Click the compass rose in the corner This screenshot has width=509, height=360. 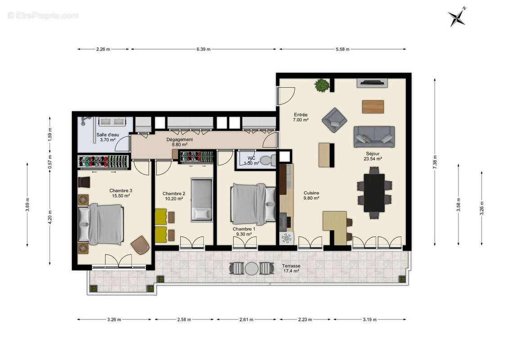click(456, 17)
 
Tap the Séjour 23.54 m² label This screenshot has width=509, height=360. click(373, 156)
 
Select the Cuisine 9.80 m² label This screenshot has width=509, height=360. click(311, 195)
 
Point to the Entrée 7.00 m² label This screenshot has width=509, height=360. click(301, 117)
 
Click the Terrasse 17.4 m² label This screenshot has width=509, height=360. click(291, 269)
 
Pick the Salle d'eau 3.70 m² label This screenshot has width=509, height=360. click(107, 137)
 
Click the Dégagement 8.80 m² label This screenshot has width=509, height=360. click(180, 142)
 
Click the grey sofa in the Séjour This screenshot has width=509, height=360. click(374, 136)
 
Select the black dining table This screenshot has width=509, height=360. click(374, 193)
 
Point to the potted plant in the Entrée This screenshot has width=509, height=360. click(322, 85)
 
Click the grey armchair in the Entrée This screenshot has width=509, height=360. click(334, 120)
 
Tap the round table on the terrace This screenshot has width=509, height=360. click(251, 269)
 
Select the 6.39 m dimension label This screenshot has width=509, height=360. click(203, 49)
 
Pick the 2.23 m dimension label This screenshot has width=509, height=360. click(306, 319)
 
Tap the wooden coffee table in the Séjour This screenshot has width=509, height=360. click(373, 107)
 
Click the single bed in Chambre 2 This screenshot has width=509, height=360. click(201, 199)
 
